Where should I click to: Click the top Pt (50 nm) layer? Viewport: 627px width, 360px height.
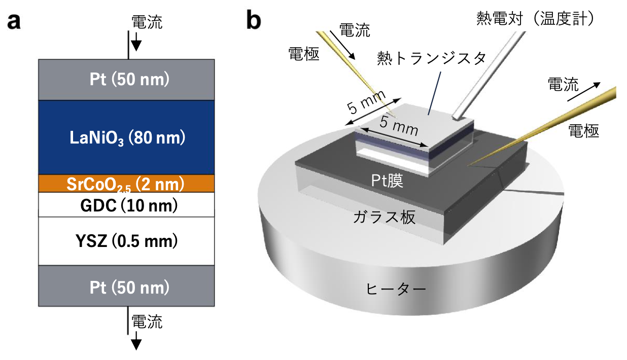coord(126,79)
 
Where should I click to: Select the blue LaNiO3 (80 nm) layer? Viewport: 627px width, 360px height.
coord(126,137)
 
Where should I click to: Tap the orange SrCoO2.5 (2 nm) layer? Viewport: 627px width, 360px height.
coord(126,184)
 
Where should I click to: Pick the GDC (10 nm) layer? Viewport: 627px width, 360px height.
coord(126,205)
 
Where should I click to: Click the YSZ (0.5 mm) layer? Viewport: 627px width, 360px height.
coord(126,241)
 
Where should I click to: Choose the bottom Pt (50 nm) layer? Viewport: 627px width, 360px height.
coord(126,287)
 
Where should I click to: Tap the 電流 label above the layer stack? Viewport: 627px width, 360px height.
coord(147,22)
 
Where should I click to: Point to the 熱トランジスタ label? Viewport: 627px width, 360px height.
coord(431,57)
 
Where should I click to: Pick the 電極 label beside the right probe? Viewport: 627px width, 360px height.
coord(583,131)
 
